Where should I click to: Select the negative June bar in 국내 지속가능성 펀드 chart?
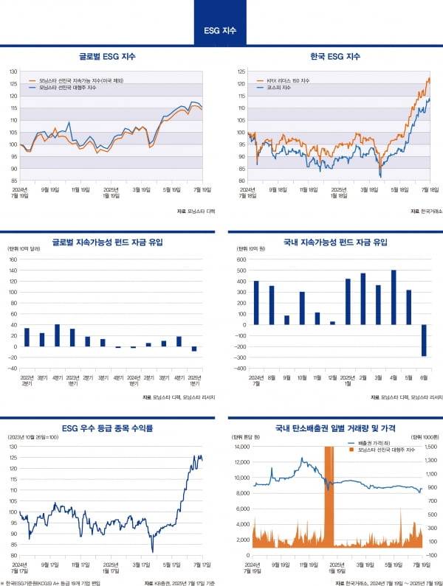tap(424, 341)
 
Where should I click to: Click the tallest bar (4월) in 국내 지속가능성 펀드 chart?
tap(394, 297)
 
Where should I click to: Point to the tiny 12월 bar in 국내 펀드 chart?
tap(332, 323)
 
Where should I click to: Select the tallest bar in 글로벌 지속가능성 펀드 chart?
tap(57, 335)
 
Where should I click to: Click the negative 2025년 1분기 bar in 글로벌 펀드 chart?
tap(194, 349)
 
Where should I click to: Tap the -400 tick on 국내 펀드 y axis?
tap(241, 368)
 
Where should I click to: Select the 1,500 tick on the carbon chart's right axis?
tap(431, 447)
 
